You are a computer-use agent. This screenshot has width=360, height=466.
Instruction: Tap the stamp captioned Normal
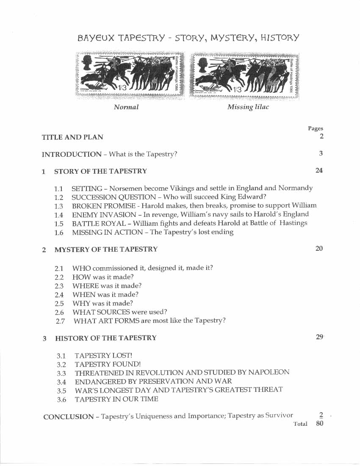click(130, 75)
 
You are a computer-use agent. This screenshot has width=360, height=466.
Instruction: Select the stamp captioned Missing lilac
click(244, 75)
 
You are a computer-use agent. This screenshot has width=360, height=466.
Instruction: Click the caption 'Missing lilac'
click(248, 107)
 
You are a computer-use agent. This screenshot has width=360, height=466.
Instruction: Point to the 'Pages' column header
click(315, 128)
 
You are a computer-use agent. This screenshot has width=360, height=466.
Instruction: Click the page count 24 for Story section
click(319, 170)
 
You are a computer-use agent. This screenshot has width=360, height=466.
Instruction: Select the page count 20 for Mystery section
click(319, 248)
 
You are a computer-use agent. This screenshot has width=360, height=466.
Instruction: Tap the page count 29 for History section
click(319, 337)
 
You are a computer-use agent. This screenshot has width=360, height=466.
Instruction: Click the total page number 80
click(320, 423)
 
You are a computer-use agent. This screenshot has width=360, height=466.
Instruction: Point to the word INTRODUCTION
click(72, 154)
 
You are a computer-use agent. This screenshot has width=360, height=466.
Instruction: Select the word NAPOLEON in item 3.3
click(269, 372)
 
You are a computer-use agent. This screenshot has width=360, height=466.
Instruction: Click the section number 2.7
click(60, 321)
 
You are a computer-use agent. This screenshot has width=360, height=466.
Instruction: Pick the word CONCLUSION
click(68, 416)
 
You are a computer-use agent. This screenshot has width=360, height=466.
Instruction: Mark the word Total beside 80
click(300, 424)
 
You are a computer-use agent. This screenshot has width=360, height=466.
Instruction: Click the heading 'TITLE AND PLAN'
click(72, 137)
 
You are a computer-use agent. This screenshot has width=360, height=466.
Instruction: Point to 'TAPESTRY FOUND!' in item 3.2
click(108, 364)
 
